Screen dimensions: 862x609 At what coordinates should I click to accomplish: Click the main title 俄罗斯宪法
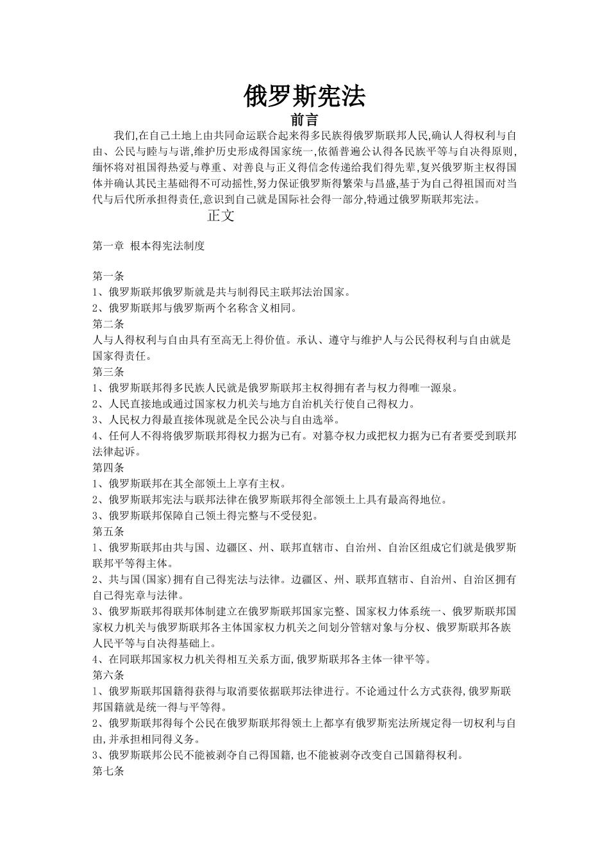coord(304,96)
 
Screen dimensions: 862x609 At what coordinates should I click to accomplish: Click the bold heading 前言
coord(304,120)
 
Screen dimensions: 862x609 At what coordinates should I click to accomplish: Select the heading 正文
coord(221,216)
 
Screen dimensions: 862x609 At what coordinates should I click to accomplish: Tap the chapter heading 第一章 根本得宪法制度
coord(149,246)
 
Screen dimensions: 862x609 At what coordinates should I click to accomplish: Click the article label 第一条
coord(108,276)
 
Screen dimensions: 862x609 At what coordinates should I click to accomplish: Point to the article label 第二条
coord(108,324)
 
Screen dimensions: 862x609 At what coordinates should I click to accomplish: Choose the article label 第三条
coord(108,372)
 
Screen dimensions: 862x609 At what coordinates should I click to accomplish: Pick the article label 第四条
coord(108,468)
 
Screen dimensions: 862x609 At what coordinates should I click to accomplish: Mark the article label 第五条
coord(108,532)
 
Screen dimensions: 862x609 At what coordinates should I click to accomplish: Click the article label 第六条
coord(108,675)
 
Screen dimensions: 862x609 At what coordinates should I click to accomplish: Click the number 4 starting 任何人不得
coord(96,436)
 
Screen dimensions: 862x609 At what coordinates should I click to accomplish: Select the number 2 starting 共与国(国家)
coord(96,580)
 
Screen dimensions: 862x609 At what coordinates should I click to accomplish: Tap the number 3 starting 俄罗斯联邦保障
coord(96,516)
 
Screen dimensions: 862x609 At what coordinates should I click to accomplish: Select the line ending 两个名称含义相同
coord(196,308)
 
